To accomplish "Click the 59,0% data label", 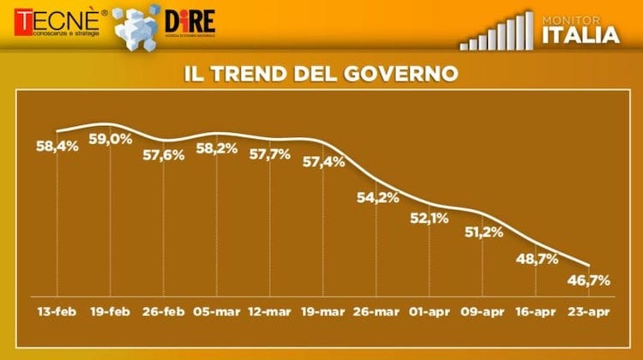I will (x=111, y=139).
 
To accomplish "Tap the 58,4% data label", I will (x=57, y=147).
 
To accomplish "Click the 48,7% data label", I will (x=538, y=258).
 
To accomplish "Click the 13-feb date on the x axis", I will (x=57, y=312).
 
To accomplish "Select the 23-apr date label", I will (x=588, y=312).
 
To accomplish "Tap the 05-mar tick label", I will (x=216, y=312).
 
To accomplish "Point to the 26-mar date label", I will (x=376, y=312).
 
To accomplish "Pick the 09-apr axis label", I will (x=482, y=312).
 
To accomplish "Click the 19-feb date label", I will (x=109, y=312).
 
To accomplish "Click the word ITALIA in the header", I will (x=580, y=35).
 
